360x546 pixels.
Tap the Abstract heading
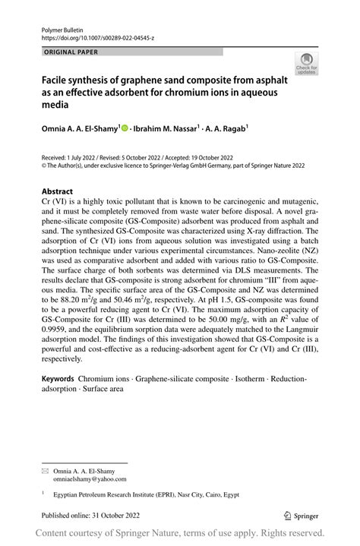(x=58, y=191)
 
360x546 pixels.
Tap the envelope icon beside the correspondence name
(x=45, y=472)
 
